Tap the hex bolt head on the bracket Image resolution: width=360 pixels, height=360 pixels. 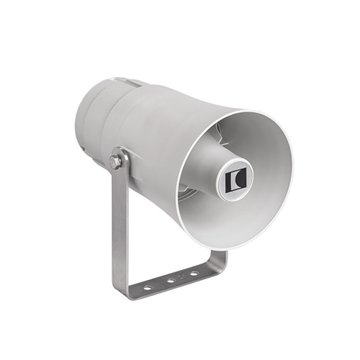pyautogui.click(x=115, y=161)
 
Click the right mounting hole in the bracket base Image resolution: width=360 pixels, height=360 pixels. pyautogui.click(x=194, y=274)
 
